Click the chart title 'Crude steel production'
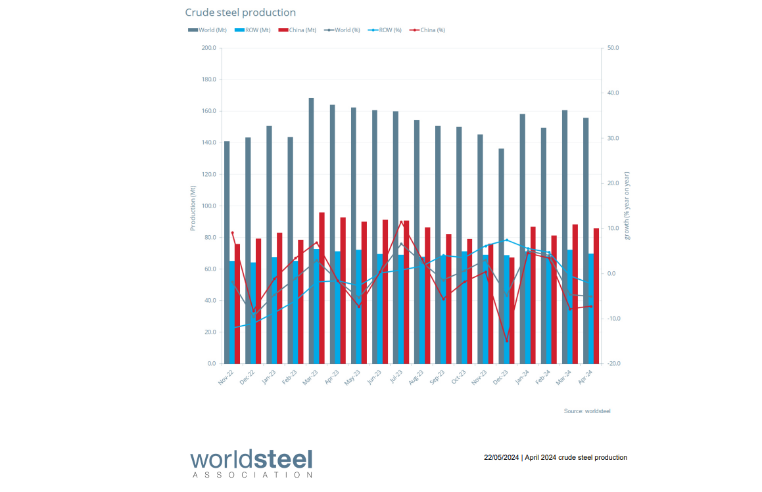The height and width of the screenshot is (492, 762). click(240, 12)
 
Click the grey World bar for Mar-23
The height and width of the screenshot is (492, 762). click(311, 230)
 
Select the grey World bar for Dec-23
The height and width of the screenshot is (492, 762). click(501, 256)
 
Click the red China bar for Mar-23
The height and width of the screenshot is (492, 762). click(321, 288)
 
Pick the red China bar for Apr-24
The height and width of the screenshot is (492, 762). click(596, 296)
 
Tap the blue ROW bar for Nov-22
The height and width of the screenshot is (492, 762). click(232, 312)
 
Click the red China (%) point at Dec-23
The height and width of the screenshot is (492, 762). click(506, 342)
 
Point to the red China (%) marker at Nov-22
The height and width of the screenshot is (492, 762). click(232, 233)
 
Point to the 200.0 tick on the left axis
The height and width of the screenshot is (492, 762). click(208, 48)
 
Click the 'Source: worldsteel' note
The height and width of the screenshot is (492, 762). click(586, 411)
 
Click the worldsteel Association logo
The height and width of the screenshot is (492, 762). click(251, 462)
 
